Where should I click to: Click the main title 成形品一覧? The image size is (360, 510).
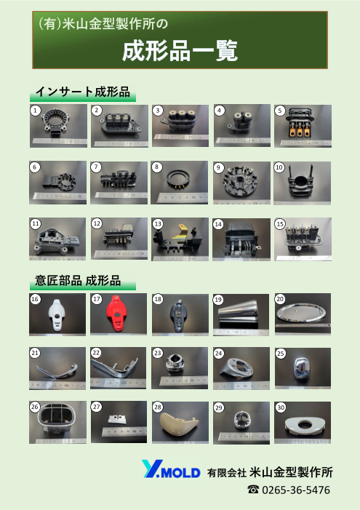click(180, 52)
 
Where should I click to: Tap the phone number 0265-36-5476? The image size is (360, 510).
click(295, 490)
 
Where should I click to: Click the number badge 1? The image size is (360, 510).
click(34, 110)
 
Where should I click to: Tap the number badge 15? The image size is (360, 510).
click(280, 223)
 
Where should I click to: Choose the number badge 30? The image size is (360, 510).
click(280, 407)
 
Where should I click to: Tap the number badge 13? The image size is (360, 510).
click(158, 223)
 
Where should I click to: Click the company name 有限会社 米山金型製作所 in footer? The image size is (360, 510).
click(269, 471)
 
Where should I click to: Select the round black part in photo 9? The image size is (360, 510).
click(240, 179)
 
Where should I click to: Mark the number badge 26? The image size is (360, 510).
click(34, 407)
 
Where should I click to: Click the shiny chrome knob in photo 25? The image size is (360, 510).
click(303, 367)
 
